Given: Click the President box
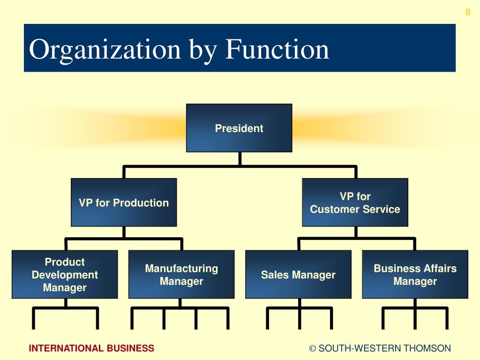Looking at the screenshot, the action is pyautogui.click(x=239, y=128).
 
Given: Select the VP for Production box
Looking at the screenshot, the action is pyautogui.click(x=124, y=202).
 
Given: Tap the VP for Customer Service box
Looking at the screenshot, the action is pyautogui.click(x=355, y=202).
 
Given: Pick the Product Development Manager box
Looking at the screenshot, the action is pyautogui.click(x=65, y=274).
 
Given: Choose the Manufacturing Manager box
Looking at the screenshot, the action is pyautogui.click(x=181, y=274).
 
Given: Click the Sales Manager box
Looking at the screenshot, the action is pyautogui.click(x=298, y=274).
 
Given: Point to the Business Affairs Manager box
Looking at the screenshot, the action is pyautogui.click(x=415, y=274).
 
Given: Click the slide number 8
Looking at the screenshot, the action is pyautogui.click(x=467, y=13).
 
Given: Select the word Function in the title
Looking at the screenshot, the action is pyautogui.click(x=277, y=50).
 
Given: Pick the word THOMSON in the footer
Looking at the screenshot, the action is pyautogui.click(x=427, y=348).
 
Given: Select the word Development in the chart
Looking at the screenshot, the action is pyautogui.click(x=65, y=275).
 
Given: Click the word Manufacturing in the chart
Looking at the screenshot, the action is pyautogui.click(x=181, y=269).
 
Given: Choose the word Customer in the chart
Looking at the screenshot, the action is pyautogui.click(x=331, y=209).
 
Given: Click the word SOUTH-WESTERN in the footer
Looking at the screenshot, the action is pyautogui.click(x=360, y=348).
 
